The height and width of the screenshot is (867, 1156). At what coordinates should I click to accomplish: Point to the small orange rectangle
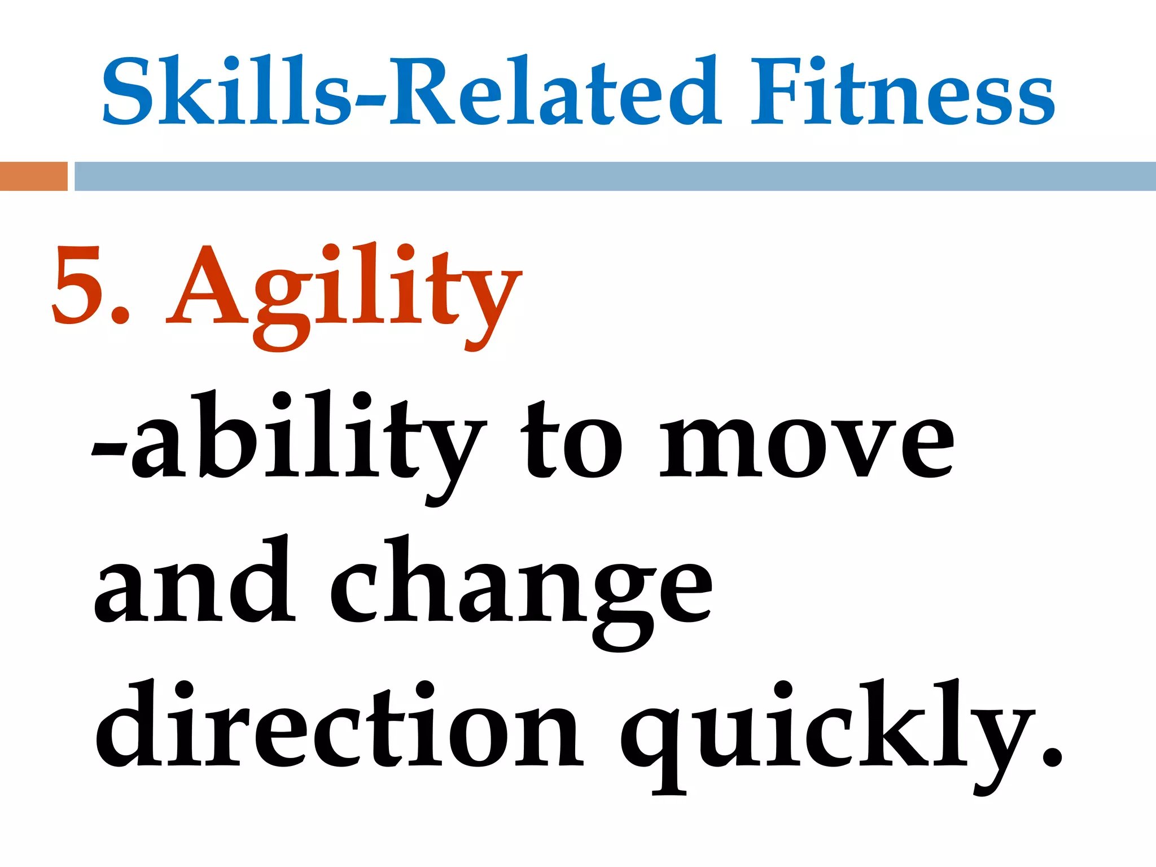click(x=33, y=176)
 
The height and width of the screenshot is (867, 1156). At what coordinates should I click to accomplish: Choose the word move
click(x=807, y=446)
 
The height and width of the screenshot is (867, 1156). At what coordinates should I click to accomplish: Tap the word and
click(x=195, y=581)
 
